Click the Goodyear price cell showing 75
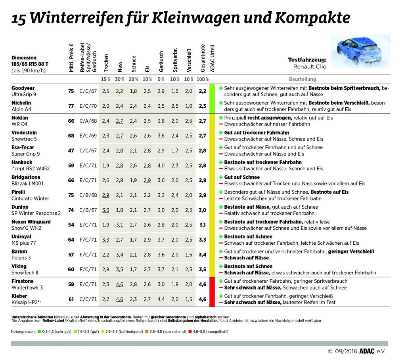pos(71,91)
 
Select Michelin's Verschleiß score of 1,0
pos(189,106)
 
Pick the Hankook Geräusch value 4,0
pos(161,165)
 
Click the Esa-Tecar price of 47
pos(71,150)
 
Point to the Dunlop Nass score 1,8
pos(119,210)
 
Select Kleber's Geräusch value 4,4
pos(161,299)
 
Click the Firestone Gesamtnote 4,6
pos(202,284)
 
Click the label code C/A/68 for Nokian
pos(88,121)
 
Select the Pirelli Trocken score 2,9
pos(105,195)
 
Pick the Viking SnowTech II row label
pos(25,269)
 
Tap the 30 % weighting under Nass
pos(119,79)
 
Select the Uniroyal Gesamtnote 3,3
pos(202,240)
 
